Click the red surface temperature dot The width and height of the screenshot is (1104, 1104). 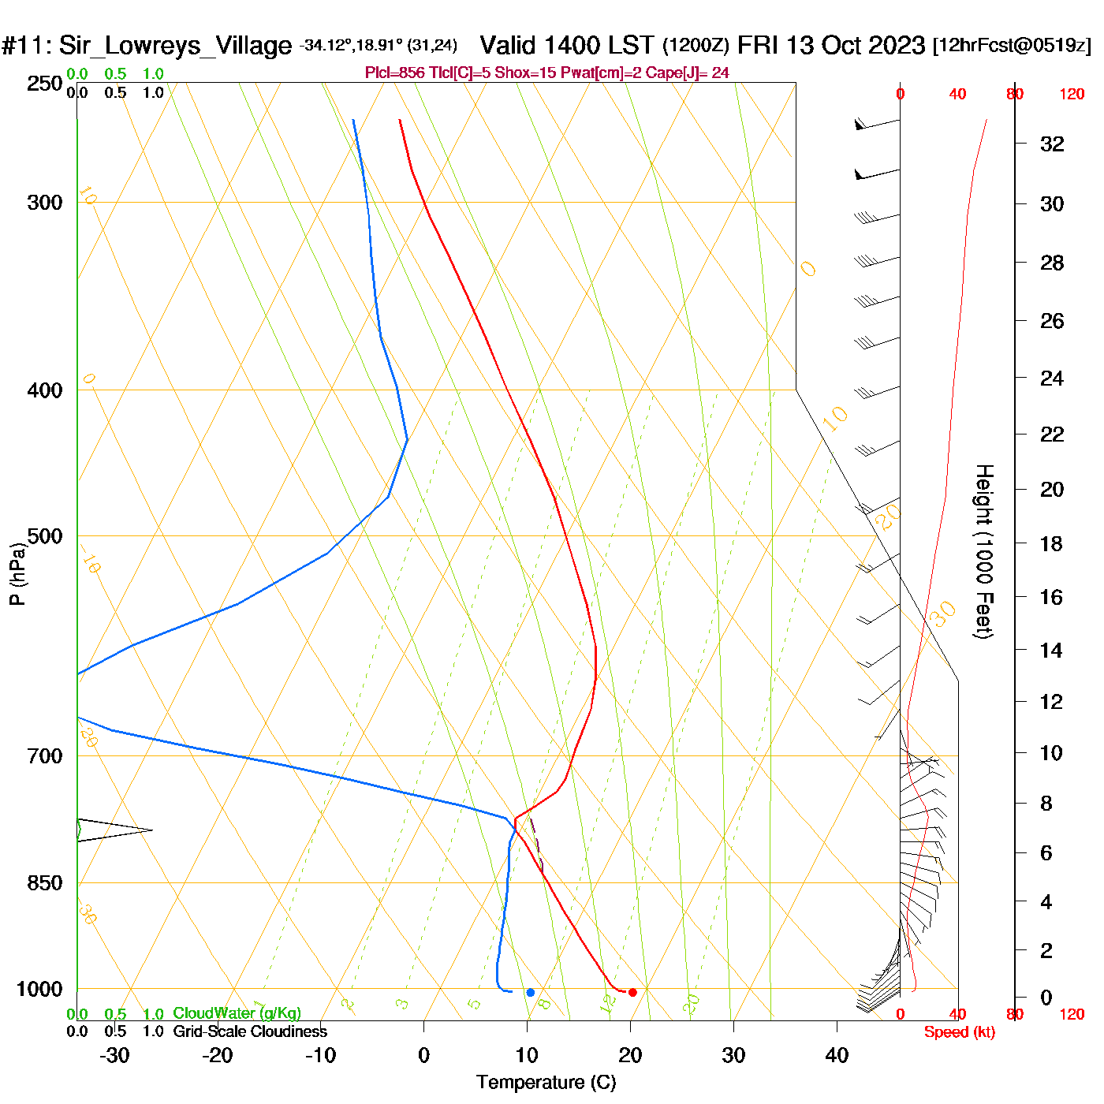(632, 992)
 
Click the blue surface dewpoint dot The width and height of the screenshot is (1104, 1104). (530, 992)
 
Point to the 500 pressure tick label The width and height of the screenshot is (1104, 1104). (45, 536)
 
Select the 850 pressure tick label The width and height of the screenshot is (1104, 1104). (45, 883)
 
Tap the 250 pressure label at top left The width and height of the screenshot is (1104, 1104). (45, 84)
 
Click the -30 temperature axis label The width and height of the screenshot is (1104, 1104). (114, 1055)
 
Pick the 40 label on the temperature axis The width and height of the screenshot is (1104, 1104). (837, 1055)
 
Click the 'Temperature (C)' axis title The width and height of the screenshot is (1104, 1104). (546, 1083)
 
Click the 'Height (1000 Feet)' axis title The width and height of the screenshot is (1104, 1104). (983, 551)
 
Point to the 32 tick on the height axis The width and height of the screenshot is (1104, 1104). (1052, 144)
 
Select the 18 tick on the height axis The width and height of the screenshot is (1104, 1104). (1051, 543)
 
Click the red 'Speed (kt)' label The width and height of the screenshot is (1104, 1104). (960, 1032)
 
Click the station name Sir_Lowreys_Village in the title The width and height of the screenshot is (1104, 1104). (175, 46)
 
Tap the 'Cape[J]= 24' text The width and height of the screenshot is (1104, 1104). (688, 73)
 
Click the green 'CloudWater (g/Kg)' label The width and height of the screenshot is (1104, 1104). (237, 1013)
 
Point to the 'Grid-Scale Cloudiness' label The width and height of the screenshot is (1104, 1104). (250, 1031)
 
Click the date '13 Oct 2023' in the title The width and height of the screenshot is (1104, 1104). (855, 45)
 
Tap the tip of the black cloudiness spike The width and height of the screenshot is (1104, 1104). (151, 830)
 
